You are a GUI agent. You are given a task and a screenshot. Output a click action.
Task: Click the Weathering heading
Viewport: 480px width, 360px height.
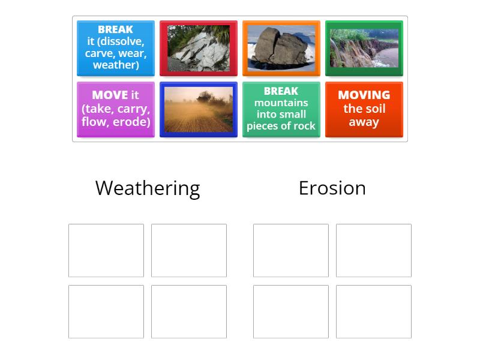click(148, 188)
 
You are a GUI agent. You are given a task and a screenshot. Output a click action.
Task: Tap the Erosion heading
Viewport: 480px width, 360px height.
click(332, 188)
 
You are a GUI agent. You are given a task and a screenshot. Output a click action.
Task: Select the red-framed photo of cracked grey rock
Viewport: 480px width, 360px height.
click(199, 48)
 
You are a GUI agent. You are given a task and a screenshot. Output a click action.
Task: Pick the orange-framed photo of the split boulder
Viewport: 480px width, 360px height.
click(281, 48)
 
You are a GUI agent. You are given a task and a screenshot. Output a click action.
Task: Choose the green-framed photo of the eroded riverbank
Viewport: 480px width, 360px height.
click(364, 48)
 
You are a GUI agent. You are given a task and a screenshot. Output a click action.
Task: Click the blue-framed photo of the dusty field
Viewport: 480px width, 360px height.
click(199, 109)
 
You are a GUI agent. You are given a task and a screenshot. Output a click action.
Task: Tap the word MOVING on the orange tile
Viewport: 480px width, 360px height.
click(364, 95)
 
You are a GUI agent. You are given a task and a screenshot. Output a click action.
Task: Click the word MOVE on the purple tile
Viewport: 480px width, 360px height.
click(110, 95)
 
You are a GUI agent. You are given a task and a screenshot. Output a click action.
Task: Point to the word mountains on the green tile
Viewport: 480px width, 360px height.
click(281, 103)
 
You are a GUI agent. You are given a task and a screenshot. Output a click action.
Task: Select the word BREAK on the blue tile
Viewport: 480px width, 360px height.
click(115, 29)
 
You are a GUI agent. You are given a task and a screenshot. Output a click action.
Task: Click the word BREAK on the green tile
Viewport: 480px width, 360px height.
click(281, 91)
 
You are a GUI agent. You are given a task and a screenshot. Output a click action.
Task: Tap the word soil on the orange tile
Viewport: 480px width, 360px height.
click(376, 109)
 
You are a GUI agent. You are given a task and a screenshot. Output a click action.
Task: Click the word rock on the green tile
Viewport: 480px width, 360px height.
click(304, 126)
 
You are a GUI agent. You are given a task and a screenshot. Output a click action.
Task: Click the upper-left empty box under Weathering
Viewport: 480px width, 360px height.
click(106, 250)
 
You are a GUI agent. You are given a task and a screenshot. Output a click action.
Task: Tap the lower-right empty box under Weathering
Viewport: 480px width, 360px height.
click(189, 311)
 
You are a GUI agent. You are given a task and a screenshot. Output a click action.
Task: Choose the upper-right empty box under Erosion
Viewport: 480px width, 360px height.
click(374, 250)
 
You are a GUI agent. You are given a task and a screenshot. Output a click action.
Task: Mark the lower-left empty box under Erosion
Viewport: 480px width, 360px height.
click(291, 311)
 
